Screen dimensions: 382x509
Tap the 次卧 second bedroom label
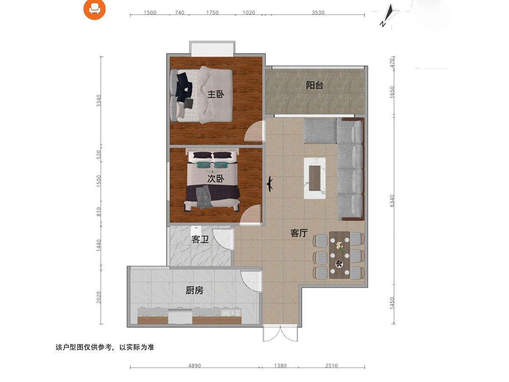(215, 179)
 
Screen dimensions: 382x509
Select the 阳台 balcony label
(315, 85)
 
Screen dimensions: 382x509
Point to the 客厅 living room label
(299, 233)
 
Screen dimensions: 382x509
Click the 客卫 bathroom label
(200, 240)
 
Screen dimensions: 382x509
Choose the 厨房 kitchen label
(194, 290)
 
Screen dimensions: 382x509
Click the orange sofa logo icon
(94, 9)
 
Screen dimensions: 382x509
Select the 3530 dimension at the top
(318, 13)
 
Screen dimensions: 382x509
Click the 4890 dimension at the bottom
(194, 365)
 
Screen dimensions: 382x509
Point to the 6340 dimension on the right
(392, 200)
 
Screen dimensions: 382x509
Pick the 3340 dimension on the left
(99, 101)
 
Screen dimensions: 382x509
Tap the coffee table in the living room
(315, 178)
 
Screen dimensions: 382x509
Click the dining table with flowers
(339, 255)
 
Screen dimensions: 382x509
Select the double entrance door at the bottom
(278, 334)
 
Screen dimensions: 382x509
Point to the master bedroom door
(255, 131)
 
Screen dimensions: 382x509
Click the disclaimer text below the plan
(105, 347)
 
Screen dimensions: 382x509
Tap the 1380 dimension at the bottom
(280, 365)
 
